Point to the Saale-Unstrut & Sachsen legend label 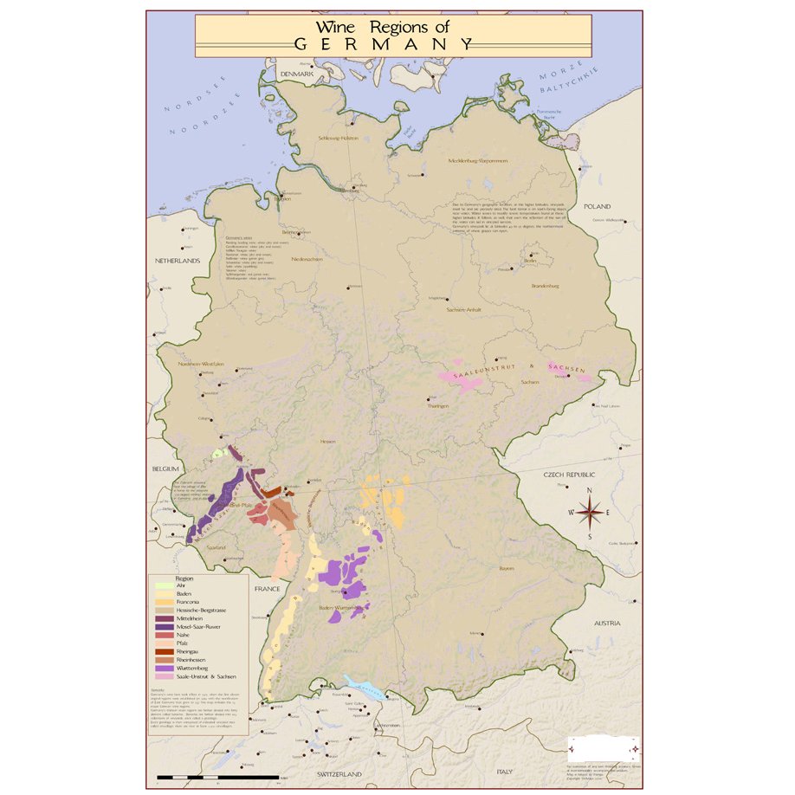point(205,676)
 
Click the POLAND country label point(597,207)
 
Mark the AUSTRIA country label point(606,623)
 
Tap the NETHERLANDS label point(178,260)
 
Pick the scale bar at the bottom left point(217,777)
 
